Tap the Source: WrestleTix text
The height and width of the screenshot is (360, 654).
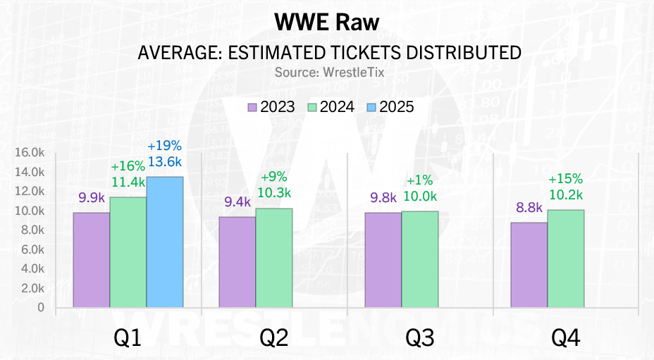coord(326,72)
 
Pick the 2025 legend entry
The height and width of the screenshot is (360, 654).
coord(389,107)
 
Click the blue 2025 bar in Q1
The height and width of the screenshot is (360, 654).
coord(165,242)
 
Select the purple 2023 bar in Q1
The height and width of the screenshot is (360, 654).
coord(92,259)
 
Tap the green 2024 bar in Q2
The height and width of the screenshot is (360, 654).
coord(274,258)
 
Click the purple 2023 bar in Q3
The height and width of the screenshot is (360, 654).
coord(383,259)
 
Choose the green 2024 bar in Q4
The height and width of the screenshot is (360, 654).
coord(565,259)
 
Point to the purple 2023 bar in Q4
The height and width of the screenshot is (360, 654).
coord(529,265)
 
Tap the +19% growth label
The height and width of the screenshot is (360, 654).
coord(165,147)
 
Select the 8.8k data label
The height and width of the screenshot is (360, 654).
coord(529,208)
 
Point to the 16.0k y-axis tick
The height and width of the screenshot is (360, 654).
coord(29,152)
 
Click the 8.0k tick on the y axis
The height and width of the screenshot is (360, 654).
coord(32,230)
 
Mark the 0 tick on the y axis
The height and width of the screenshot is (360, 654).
coord(41,308)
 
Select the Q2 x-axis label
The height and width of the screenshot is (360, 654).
coord(274,339)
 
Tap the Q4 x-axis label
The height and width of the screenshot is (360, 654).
coord(565,339)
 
